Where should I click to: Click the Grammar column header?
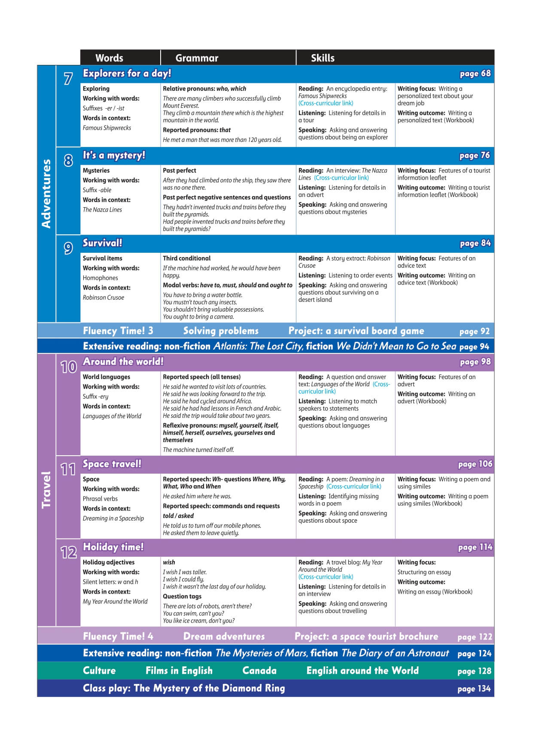pos(197,58)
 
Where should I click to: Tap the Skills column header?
pos(323,58)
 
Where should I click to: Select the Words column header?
pos(109,58)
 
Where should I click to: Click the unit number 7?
pos(68,79)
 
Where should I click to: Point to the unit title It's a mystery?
pos(114,155)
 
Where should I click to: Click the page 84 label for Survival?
pos(475,243)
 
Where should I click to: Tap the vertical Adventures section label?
pos(46,193)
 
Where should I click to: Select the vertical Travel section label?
pos(46,490)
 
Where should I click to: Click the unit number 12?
pos(68,552)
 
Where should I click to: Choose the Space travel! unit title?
pos(112,464)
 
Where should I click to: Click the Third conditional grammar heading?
pos(186,258)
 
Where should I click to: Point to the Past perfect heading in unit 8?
pos(179,171)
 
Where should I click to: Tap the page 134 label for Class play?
pos(474,689)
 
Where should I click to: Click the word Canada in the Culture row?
pos(259,671)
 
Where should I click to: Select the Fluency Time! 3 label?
pos(118,331)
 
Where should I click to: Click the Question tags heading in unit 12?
pos(182,596)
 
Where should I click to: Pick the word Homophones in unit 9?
pos(100,278)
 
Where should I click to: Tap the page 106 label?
pos(475,464)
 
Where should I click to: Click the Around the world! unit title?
pos(123,362)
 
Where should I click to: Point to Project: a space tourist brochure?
pos(366,637)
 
